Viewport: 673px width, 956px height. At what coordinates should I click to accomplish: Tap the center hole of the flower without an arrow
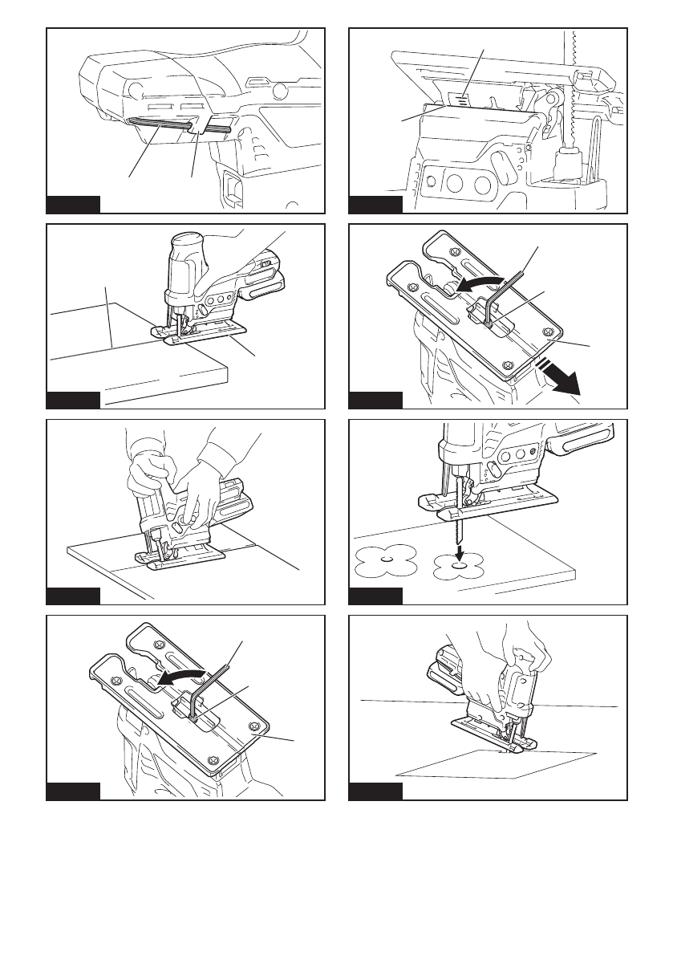[x=385, y=560]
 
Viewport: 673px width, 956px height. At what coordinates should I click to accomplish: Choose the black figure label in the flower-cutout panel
[x=375, y=596]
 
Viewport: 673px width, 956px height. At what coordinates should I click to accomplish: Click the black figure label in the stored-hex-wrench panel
[x=73, y=204]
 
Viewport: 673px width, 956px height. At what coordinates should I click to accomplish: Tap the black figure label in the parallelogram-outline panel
[x=375, y=791]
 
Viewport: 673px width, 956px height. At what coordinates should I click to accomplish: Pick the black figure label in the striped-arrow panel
[x=375, y=400]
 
